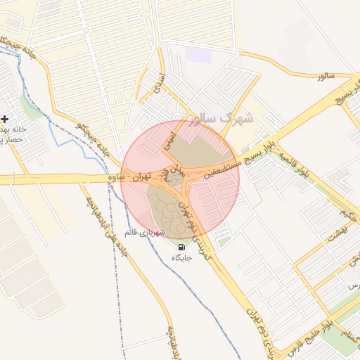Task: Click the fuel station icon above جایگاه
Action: coord(182,247)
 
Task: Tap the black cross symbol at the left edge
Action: coord(5,119)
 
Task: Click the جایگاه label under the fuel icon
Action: coord(182,258)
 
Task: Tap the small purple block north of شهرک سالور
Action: coord(198,55)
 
